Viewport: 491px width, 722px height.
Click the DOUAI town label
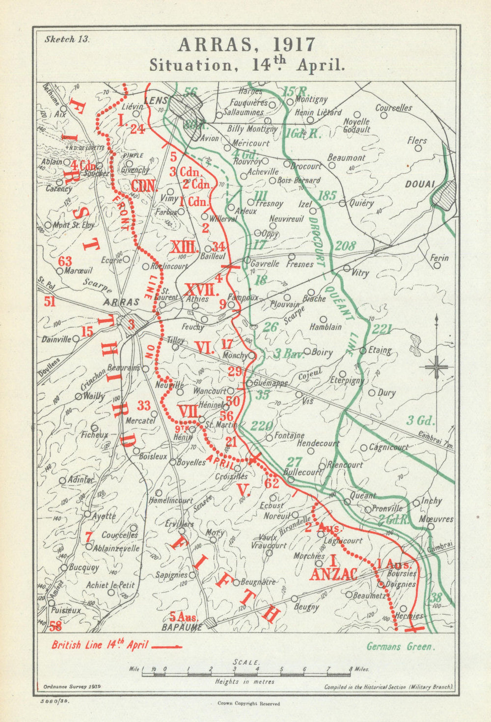pyautogui.click(x=420, y=184)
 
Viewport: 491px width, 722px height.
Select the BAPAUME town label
pyautogui.click(x=185, y=627)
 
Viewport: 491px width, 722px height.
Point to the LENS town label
pyautogui.click(x=156, y=101)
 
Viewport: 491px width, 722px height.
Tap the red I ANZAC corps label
pyautogui.click(x=332, y=568)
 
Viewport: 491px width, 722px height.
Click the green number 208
pyautogui.click(x=345, y=245)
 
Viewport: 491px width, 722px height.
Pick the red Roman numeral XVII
pyautogui.click(x=202, y=289)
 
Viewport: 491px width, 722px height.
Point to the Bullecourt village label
pyautogui.click(x=302, y=472)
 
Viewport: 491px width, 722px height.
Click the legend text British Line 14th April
pyautogui.click(x=100, y=645)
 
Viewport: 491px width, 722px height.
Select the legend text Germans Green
pyautogui.click(x=401, y=646)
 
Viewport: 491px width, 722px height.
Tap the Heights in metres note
pyautogui.click(x=245, y=682)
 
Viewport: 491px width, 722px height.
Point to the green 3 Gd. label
pyautogui.click(x=421, y=420)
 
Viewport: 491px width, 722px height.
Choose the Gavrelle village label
pyautogui.click(x=265, y=264)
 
